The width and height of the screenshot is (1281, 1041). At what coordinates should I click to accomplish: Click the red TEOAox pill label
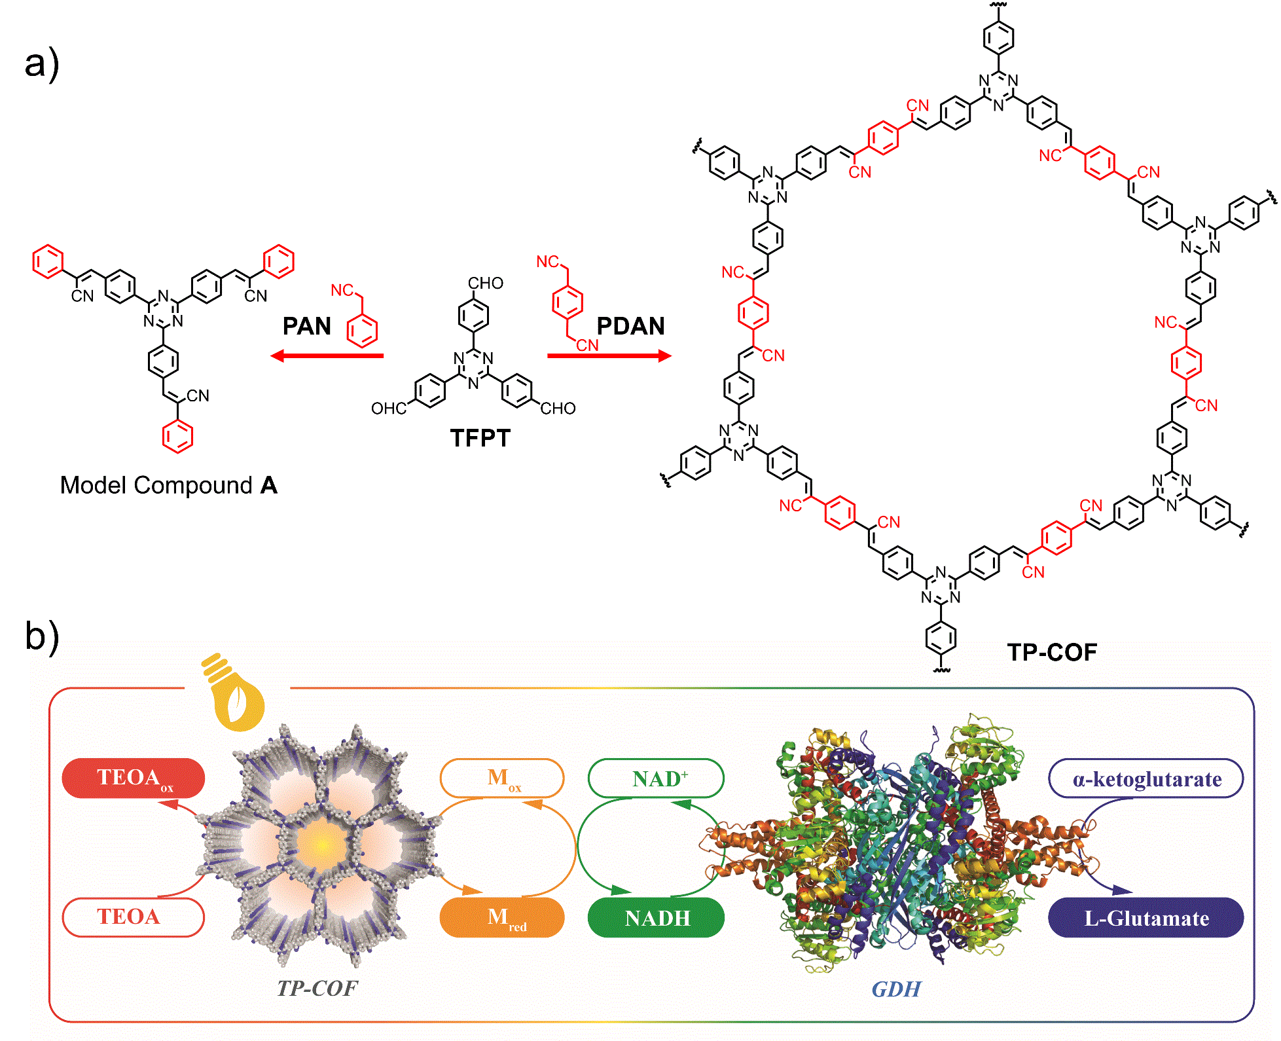[134, 778]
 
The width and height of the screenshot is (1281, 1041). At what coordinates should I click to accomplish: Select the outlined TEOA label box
[134, 917]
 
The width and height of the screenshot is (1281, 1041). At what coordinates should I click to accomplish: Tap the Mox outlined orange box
[502, 778]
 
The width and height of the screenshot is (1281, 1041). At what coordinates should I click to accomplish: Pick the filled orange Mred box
[502, 917]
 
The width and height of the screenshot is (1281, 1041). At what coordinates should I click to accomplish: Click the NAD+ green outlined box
[656, 778]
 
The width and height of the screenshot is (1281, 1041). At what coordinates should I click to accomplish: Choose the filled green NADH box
[656, 917]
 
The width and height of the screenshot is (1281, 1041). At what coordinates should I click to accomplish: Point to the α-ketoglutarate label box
[1146, 778]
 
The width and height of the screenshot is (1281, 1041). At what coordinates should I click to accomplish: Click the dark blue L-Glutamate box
[1146, 917]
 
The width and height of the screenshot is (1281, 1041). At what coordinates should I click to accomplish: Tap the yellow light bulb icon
[234, 694]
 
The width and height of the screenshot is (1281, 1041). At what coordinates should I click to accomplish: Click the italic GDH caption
[895, 989]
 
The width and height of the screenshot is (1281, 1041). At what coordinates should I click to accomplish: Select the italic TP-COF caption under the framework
[317, 988]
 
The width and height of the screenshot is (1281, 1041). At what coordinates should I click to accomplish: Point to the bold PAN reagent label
[306, 326]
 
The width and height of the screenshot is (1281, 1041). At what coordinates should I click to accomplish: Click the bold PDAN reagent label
[630, 326]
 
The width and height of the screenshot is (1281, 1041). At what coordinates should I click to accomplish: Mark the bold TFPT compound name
[480, 438]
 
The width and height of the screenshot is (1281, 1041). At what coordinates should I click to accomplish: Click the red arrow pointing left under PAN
[327, 356]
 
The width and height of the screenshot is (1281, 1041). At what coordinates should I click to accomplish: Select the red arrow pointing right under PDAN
[609, 356]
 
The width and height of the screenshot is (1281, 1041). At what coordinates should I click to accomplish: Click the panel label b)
[42, 636]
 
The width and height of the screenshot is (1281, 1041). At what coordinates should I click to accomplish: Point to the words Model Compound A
[168, 485]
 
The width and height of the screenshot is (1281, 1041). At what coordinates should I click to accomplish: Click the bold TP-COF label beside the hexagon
[1051, 652]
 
